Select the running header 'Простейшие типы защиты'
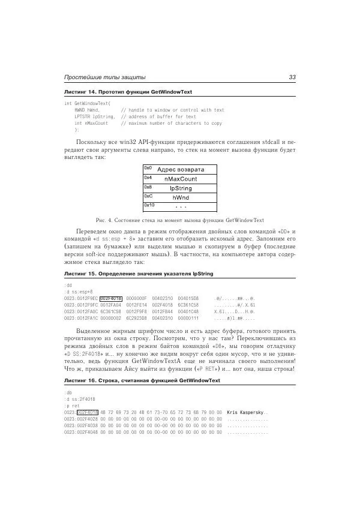[105, 77]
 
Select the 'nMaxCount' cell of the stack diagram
[180, 179]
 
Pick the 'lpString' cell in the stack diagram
[180, 188]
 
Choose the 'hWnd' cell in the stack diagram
[180, 197]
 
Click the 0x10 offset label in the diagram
[149, 205]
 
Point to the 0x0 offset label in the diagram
[148, 169]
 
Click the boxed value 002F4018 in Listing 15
[111, 298]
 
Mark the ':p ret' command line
[72, 406]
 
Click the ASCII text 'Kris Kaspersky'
[247, 413]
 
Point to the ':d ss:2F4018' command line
[80, 400]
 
